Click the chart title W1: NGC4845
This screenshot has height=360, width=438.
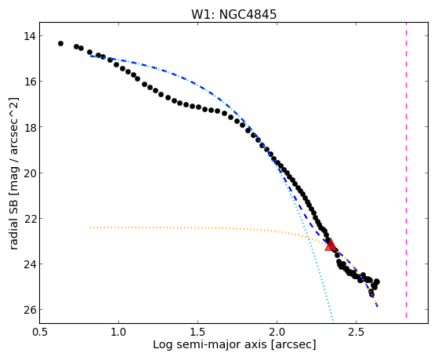pos(233,14)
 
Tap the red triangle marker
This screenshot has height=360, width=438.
pos(331,245)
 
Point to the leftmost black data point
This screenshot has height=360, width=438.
pos(60,43)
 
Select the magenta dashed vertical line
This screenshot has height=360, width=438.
pos(406,170)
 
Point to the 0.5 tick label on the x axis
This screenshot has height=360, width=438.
pos(40,332)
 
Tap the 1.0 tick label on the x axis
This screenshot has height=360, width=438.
pos(119,332)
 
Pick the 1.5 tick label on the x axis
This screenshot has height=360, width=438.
pos(197,332)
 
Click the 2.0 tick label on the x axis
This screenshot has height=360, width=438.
pos(277,332)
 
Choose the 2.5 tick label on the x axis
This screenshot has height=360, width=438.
pos(357,332)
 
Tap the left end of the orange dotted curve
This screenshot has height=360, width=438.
pos(90,227)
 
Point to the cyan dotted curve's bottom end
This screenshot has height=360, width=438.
pos(333,322)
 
